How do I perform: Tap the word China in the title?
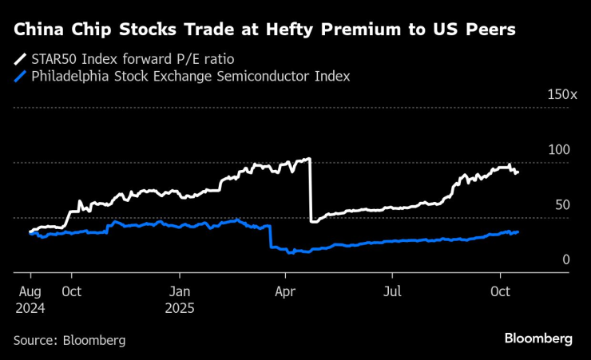coord(38,31)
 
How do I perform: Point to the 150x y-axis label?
coord(561,95)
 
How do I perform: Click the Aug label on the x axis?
coord(29,291)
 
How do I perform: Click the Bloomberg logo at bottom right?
coord(537,338)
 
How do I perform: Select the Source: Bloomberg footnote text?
coord(69,340)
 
